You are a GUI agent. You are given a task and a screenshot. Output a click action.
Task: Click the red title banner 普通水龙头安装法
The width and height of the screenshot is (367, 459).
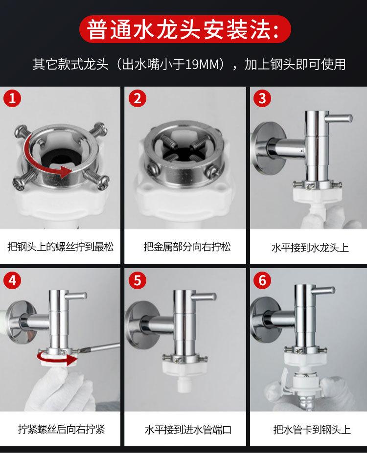point(185,29)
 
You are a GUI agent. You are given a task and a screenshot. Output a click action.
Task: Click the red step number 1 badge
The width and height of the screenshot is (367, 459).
point(12,98)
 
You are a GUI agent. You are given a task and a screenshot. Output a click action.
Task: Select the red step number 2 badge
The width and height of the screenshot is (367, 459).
point(138,98)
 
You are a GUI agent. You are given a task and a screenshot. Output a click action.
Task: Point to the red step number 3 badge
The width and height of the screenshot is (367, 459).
point(262,98)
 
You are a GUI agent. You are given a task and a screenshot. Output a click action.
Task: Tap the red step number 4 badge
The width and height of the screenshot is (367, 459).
point(12,280)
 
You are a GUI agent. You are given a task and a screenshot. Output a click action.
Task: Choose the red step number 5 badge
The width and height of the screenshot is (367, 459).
point(138,280)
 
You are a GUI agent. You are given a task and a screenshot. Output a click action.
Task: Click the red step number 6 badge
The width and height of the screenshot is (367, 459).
point(262,280)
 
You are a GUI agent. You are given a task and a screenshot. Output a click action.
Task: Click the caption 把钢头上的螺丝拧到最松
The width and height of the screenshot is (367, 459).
point(61,247)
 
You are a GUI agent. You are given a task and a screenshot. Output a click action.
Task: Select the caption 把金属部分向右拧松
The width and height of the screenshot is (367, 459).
point(187,247)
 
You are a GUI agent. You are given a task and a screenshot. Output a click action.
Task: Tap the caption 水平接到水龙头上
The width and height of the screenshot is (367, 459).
point(310,248)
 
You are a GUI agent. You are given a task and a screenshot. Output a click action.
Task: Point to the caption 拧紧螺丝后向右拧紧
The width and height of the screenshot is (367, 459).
point(62,430)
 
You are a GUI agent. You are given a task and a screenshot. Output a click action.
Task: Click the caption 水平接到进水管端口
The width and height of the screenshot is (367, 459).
point(188,430)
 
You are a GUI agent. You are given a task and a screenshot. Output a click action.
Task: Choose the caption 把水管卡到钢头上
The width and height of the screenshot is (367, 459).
point(312,430)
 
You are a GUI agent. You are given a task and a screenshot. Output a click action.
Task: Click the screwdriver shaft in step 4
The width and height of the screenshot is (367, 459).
point(98,348)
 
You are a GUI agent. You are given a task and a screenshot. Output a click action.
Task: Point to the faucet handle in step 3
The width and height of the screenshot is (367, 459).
point(340,118)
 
